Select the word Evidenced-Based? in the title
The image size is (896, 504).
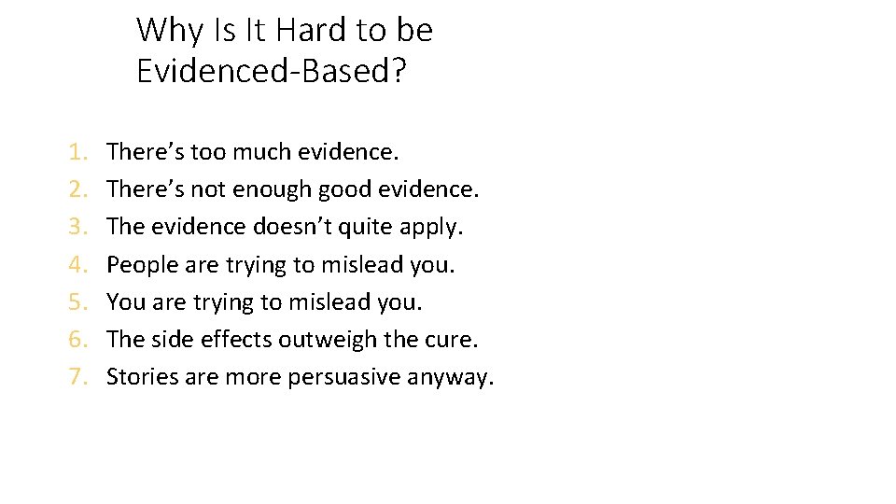point(271,71)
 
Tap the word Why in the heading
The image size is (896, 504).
point(169,31)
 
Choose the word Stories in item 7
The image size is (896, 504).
point(140,377)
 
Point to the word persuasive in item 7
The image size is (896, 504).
point(335,377)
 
